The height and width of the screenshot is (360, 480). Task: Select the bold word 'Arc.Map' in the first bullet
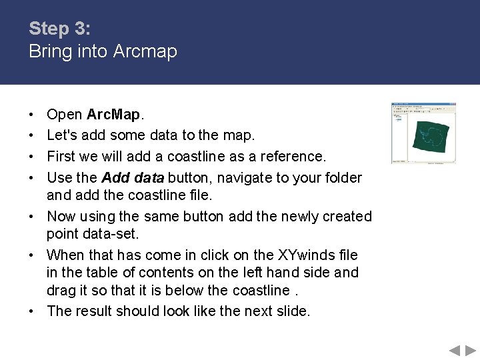point(113,115)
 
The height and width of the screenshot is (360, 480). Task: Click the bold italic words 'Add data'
point(133,178)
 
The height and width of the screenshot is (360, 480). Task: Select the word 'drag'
point(62,291)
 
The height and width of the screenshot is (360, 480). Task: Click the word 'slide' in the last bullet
point(292,311)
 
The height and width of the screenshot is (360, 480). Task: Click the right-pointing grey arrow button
point(471,350)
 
